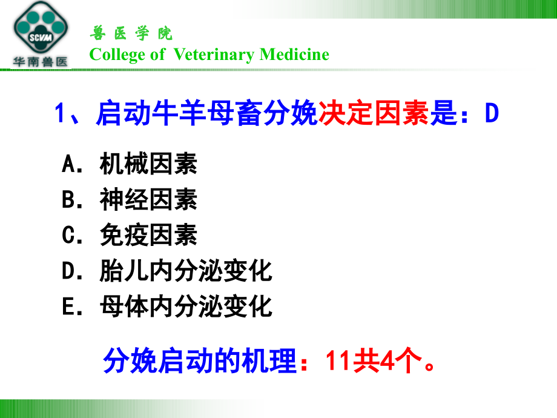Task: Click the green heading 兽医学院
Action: pyautogui.click(x=131, y=33)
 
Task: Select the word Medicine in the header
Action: pyautogui.click(x=294, y=55)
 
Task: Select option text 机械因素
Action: pyautogui.click(x=148, y=164)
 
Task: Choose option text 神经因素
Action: pyautogui.click(x=148, y=200)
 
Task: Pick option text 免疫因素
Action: pyautogui.click(x=148, y=236)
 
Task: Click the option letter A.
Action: pyautogui.click(x=68, y=164)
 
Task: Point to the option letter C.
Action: pyautogui.click(x=68, y=236)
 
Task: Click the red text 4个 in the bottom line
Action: pyautogui.click(x=397, y=362)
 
